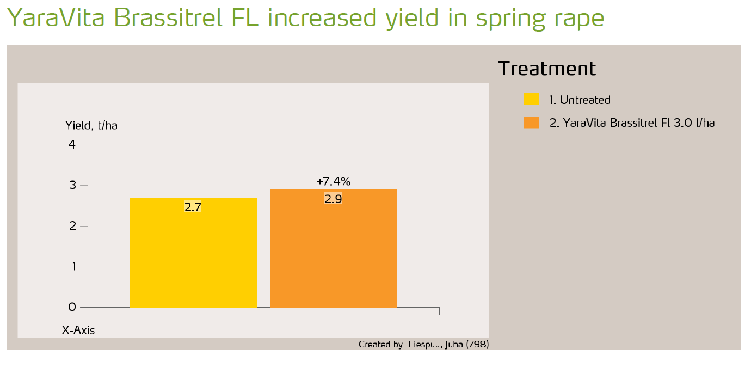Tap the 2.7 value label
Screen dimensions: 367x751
point(193,207)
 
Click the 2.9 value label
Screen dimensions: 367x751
point(333,199)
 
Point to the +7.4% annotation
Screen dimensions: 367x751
point(333,181)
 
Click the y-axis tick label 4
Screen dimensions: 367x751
point(72,145)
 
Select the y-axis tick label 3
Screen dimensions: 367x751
point(72,186)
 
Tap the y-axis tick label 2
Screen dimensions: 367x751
point(72,226)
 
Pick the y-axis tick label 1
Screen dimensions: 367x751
point(72,267)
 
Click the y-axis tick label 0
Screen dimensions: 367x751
point(72,307)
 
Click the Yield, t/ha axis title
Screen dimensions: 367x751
point(91,125)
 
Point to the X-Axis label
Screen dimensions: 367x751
point(78,330)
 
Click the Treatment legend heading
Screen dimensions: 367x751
point(547,69)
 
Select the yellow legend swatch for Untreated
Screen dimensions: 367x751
point(532,100)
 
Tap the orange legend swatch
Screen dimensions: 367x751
point(532,123)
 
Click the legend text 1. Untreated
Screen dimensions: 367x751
point(580,100)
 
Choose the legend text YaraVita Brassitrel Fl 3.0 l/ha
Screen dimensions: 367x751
point(632,123)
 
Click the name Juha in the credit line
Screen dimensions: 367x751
point(454,345)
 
